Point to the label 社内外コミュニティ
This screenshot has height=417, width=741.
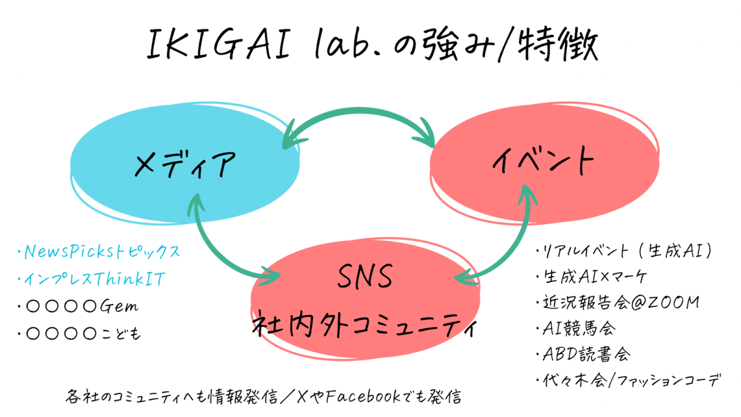pyautogui.click(x=365, y=324)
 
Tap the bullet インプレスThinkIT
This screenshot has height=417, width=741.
pyautogui.click(x=93, y=280)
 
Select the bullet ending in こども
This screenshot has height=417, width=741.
pyautogui.click(x=80, y=334)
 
